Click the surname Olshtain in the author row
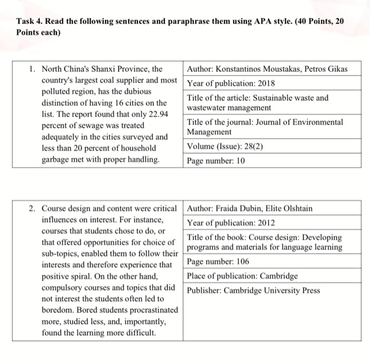294,208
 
